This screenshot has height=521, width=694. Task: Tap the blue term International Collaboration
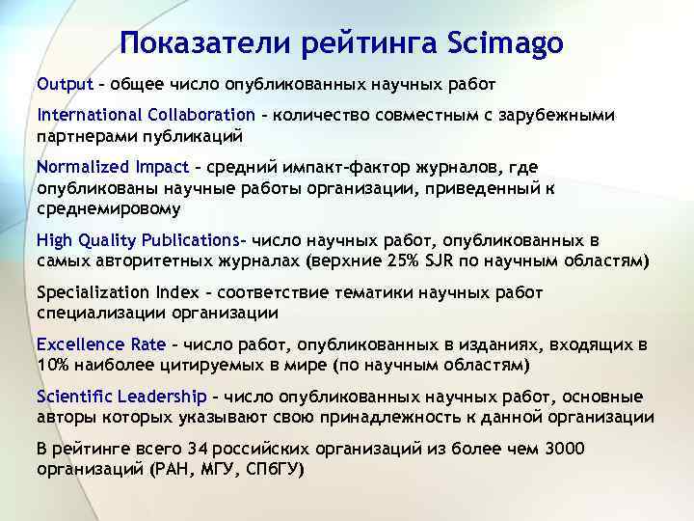(146, 115)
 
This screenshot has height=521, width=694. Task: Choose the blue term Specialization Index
(120, 291)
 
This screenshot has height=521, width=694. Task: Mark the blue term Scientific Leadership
(121, 396)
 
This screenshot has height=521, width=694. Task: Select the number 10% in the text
(53, 365)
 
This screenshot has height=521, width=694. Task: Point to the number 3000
(563, 449)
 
